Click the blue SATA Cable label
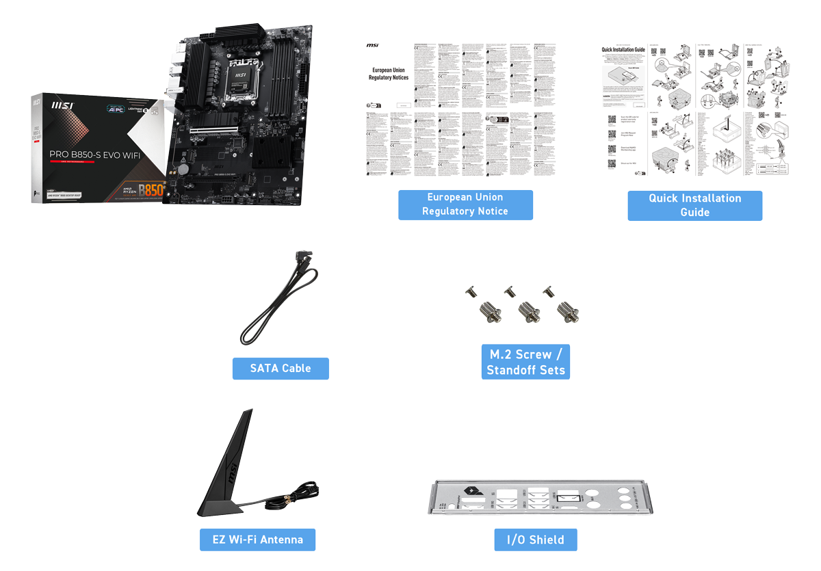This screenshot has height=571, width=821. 281,369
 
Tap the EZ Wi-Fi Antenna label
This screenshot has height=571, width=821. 257,540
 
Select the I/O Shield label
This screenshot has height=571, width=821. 536,540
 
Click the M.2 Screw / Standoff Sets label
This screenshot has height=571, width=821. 525,362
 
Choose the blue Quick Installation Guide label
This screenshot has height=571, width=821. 694,205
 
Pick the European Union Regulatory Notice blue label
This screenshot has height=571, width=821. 465,205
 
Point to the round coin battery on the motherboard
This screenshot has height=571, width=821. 184,168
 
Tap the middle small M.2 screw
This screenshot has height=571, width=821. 508,292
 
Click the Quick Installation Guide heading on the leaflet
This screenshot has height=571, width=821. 623,50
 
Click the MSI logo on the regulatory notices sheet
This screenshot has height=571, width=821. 372,46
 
